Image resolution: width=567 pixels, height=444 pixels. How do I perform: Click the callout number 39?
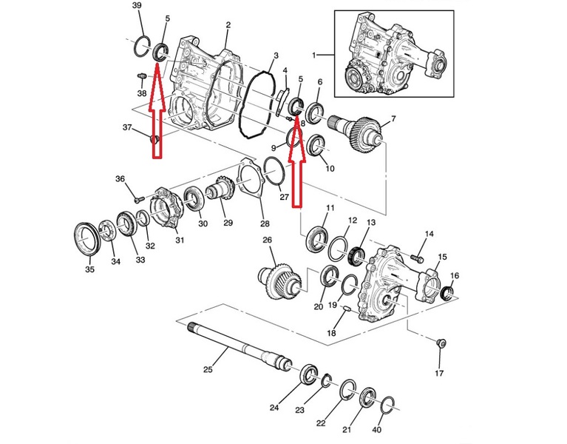pyautogui.click(x=137, y=6)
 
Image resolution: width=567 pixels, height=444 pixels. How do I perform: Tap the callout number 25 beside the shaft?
pyautogui.click(x=208, y=369)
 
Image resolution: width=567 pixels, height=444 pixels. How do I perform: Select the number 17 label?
pyautogui.click(x=439, y=373)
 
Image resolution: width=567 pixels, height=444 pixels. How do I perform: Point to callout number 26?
pyautogui.click(x=267, y=240)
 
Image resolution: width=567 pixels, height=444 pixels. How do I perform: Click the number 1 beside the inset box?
pyautogui.click(x=314, y=55)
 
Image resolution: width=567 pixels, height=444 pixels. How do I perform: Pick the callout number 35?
pyautogui.click(x=89, y=269)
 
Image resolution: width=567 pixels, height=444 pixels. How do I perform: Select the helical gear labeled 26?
pyautogui.click(x=281, y=283)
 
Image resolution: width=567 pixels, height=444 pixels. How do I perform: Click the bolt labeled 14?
pyautogui.click(x=417, y=259)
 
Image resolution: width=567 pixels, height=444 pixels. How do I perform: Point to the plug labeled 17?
pyautogui.click(x=441, y=343)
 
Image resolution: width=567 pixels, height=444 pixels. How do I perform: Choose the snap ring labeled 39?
pyautogui.click(x=141, y=47)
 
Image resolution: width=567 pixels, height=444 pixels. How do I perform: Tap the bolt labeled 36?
pyautogui.click(x=139, y=198)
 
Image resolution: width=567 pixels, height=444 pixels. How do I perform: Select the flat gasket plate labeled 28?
pyautogui.click(x=251, y=179)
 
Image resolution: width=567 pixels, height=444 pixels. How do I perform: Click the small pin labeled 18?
pyautogui.click(x=345, y=309)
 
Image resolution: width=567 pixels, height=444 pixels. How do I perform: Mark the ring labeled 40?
pyautogui.click(x=388, y=405)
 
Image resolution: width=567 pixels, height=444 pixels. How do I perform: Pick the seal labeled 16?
pyautogui.click(x=449, y=293)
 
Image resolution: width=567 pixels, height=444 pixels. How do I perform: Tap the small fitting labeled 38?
pyautogui.click(x=141, y=76)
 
